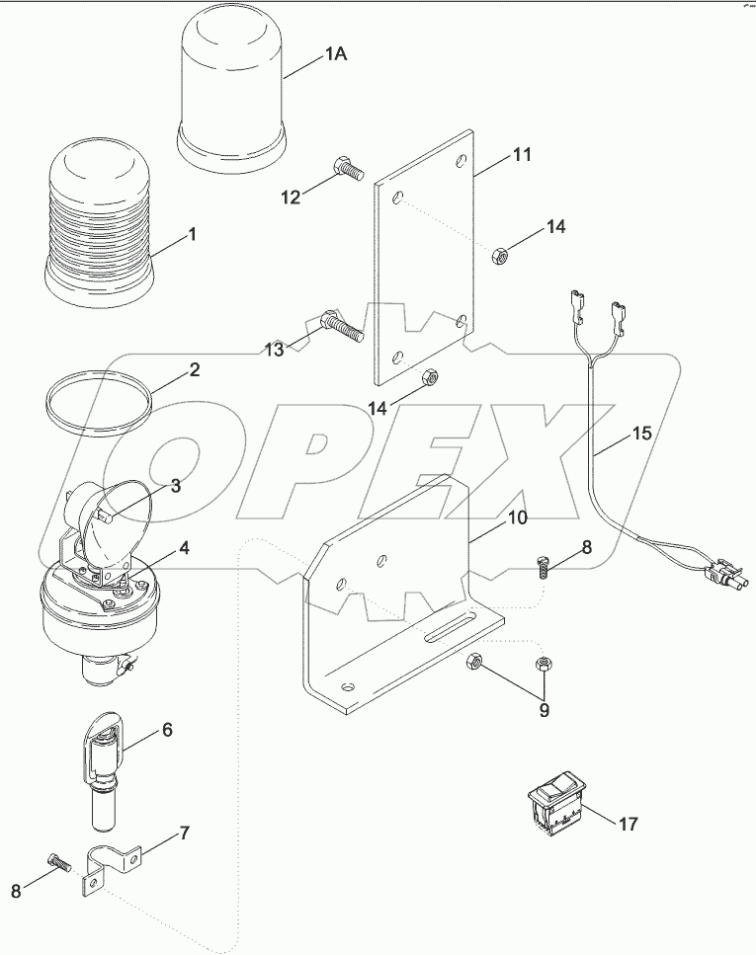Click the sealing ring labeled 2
pos(100,401)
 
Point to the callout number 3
pos(175,485)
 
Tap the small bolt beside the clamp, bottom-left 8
pos(58,860)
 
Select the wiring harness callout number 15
pos(641,433)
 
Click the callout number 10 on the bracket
pos(518,517)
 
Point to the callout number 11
pos(521,154)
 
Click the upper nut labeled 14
pos(500,257)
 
